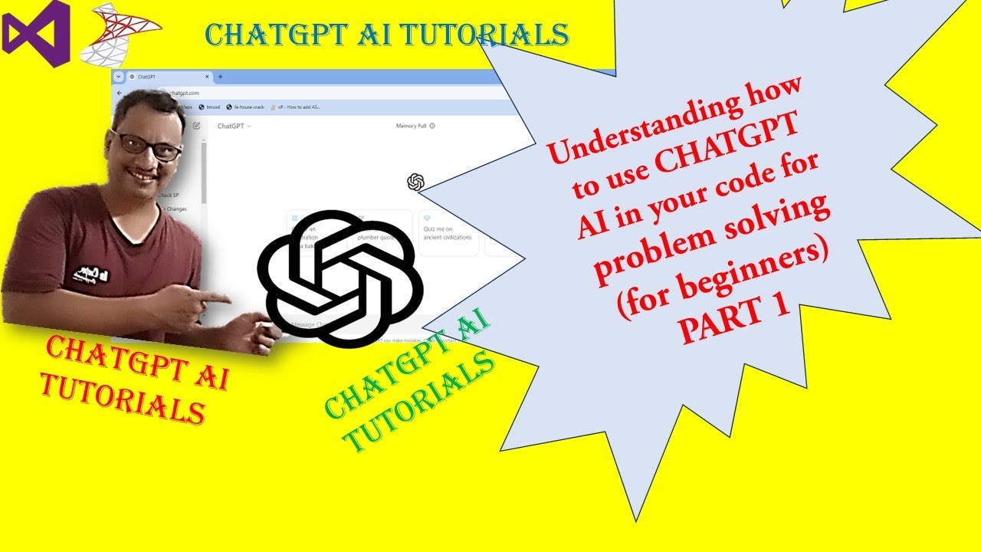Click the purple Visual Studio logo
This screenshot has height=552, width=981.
36,34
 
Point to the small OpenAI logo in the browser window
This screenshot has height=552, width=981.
415,182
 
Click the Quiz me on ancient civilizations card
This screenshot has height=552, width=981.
448,232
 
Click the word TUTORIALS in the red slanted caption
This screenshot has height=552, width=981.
123,396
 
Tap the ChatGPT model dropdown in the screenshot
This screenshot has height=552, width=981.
234,126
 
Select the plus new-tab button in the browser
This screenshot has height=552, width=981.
221,77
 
